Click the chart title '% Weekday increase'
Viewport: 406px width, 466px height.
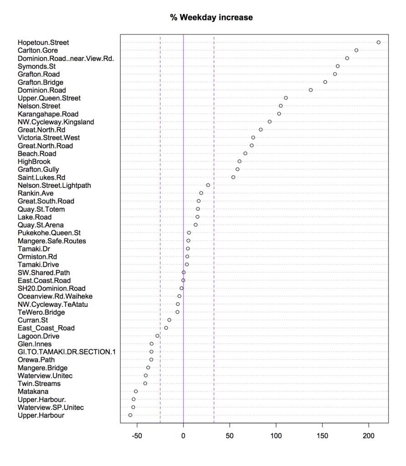pos(211,17)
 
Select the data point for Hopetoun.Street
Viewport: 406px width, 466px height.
pos(378,42)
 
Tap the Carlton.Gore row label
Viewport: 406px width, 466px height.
pos(38,50)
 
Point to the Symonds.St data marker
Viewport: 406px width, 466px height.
pos(338,66)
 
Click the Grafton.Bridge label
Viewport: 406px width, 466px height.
pos(41,82)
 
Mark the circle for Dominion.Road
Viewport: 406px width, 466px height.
pos(311,90)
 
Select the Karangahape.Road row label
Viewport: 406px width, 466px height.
pos(48,114)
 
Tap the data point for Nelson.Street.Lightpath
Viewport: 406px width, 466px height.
pos(208,185)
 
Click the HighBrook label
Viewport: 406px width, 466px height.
pos(34,162)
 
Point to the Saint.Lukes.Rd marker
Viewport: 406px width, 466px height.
pos(233,177)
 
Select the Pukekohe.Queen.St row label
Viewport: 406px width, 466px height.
pos(49,233)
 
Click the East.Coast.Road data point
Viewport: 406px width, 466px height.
pos(183,280)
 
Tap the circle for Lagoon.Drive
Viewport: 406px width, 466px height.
pos(157,336)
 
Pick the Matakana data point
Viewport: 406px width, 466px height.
pos(136,391)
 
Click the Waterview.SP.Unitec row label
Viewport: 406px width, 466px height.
pos(51,407)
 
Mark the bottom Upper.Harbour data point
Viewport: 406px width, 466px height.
pos(130,415)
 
